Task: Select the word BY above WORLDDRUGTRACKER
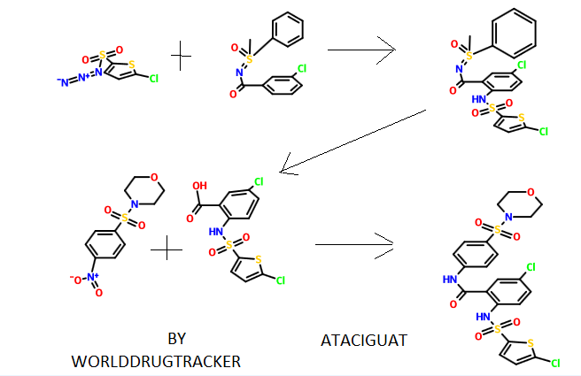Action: tap(177, 338)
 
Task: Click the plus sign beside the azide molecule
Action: tap(181, 58)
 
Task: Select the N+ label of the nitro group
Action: tap(94, 277)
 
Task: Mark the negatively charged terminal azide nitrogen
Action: tap(62, 82)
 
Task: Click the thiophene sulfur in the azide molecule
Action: tap(131, 64)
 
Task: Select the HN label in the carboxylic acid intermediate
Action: tap(213, 233)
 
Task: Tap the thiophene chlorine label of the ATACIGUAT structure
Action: tap(555, 363)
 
